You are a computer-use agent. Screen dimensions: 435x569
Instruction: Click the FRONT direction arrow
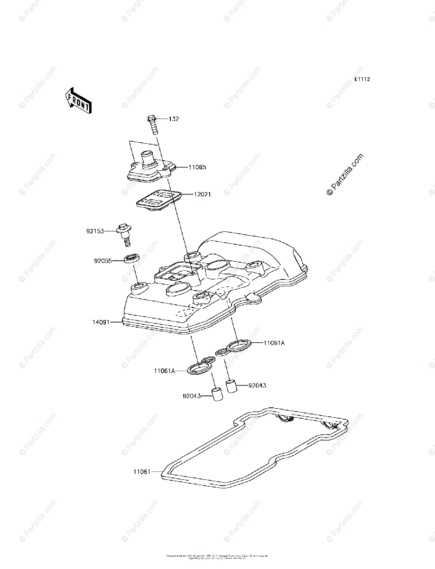[78, 100]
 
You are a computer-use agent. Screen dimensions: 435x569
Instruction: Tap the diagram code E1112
[362, 80]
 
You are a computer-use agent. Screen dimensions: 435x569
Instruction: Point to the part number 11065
[197, 167]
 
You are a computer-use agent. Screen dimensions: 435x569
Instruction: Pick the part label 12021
[202, 194]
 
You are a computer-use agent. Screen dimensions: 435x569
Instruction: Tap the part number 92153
[95, 231]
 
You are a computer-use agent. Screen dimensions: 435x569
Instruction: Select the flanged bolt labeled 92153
[124, 233]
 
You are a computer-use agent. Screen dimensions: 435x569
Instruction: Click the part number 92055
[103, 260]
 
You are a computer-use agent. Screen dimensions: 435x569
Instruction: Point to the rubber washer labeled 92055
[132, 259]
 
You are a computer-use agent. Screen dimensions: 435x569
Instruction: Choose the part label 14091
[102, 322]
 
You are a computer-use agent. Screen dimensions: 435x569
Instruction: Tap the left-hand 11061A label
[164, 371]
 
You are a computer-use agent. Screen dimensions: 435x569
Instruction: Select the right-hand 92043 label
[257, 385]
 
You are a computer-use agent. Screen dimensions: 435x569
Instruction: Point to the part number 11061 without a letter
[142, 471]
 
